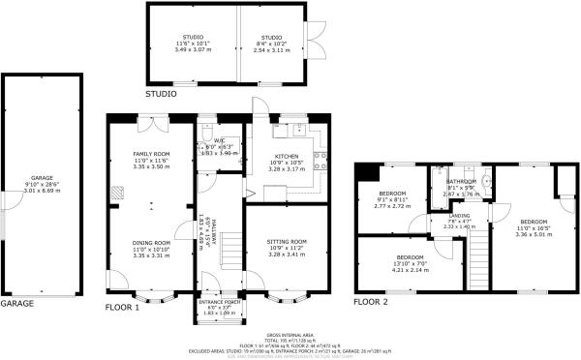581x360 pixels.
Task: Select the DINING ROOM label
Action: (151, 249)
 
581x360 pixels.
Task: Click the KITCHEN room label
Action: (287, 162)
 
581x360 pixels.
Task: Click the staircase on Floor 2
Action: (479, 255)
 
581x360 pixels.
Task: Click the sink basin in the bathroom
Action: (486, 180)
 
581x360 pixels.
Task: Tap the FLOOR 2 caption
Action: (373, 302)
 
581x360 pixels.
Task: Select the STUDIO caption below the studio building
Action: (161, 94)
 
